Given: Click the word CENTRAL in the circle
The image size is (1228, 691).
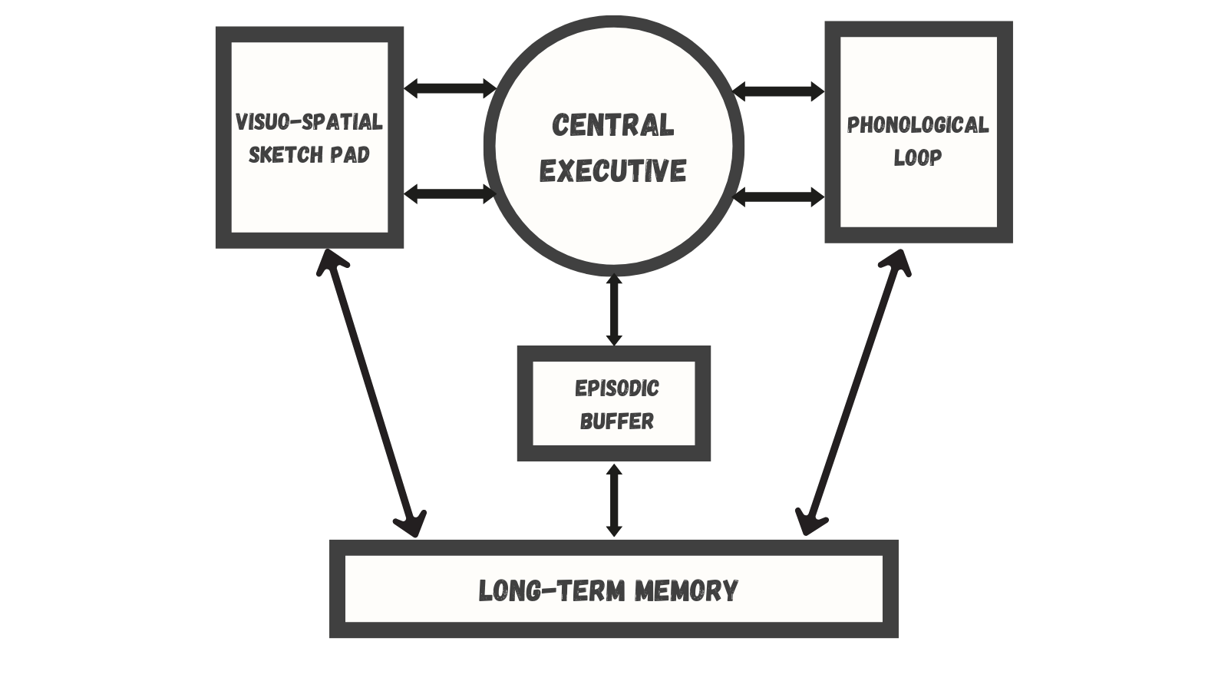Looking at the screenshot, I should tap(612, 125).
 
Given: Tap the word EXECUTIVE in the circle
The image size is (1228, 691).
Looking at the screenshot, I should tap(612, 170).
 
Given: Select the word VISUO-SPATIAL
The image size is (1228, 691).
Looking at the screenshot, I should tap(309, 122).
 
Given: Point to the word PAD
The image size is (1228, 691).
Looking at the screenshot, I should tap(350, 155).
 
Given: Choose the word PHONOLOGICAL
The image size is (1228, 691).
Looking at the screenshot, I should tap(918, 125).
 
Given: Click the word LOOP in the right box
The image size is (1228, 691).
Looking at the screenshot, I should tap(918, 158).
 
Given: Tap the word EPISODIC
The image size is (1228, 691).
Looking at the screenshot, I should tap(616, 388).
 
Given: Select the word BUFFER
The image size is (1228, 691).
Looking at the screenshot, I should tap(616, 422).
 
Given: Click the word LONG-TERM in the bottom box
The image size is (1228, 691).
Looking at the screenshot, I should tap(551, 590).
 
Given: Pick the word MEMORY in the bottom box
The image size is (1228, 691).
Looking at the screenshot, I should tap(686, 590).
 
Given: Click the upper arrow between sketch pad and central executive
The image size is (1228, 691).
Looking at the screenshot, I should tap(450, 88).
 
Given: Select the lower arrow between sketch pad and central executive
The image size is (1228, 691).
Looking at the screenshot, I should tap(450, 193).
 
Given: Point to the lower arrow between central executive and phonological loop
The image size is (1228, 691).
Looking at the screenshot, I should tap(778, 197).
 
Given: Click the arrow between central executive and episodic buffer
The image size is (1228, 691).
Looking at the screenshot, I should tap(613, 310).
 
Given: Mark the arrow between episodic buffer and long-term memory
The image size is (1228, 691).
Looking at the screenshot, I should tap(613, 500).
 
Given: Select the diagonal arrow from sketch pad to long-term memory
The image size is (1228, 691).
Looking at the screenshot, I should tap(371, 392).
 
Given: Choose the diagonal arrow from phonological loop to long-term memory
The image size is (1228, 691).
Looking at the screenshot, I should tap(853, 392).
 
